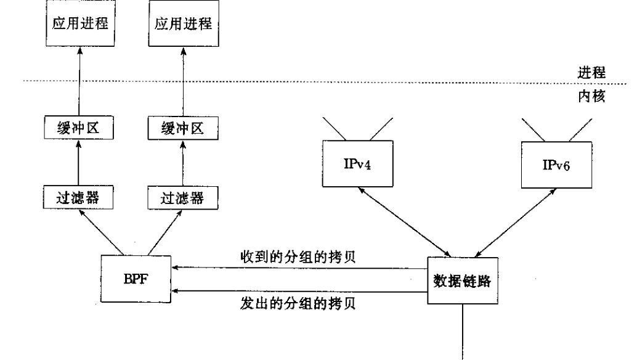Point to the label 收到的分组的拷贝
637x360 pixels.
click(298, 256)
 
